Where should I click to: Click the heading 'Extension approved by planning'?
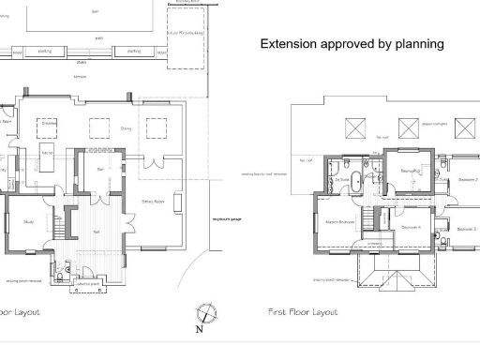pos(351,44)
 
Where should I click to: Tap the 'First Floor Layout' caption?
pos(303,311)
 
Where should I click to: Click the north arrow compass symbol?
pos(205,313)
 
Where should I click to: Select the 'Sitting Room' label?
pos(154,201)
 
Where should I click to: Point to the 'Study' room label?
pos(29,221)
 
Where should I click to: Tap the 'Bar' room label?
pos(100,170)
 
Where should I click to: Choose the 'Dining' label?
pos(127,127)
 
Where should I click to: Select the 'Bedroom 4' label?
pos(409,228)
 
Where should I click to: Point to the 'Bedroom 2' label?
pos(467,178)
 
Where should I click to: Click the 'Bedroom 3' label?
pos(467,228)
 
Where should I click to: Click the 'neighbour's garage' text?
pos(228,220)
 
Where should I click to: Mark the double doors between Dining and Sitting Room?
pos(152,168)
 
